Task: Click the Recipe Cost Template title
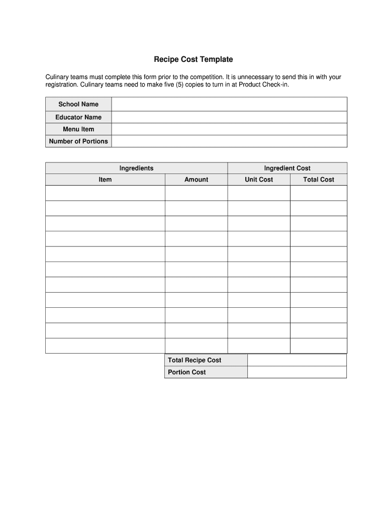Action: (x=193, y=59)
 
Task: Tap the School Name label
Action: (x=78, y=104)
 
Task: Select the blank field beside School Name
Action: (x=229, y=104)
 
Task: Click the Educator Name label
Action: (x=78, y=117)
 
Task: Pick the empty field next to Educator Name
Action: (x=229, y=117)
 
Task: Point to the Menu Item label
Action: (x=78, y=129)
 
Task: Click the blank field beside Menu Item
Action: (x=229, y=129)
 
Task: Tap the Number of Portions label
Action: (x=78, y=141)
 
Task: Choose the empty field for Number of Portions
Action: (x=229, y=141)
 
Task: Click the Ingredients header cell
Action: (x=136, y=168)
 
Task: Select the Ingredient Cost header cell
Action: (x=287, y=168)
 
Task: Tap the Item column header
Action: (x=105, y=180)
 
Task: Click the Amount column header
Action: (x=196, y=180)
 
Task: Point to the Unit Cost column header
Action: (x=259, y=180)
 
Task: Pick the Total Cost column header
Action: (x=318, y=180)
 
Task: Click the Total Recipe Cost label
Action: (x=195, y=360)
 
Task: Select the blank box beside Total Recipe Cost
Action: (x=297, y=360)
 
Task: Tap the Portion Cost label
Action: (x=186, y=372)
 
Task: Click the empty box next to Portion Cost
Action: (x=297, y=372)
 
